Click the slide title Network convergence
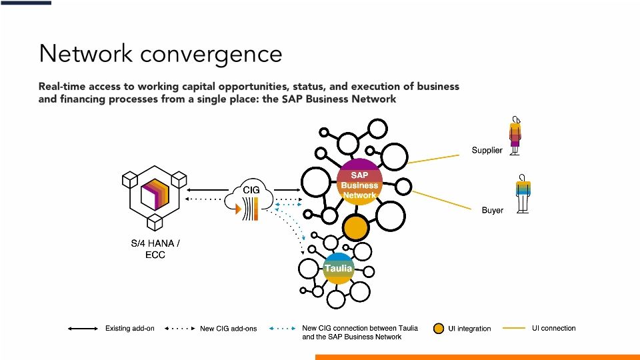(x=160, y=53)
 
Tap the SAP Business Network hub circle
(x=359, y=181)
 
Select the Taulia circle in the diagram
(x=338, y=268)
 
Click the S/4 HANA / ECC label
(x=155, y=249)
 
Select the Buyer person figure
(x=523, y=193)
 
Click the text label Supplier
(x=487, y=151)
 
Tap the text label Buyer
(x=492, y=211)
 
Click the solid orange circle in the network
(x=356, y=229)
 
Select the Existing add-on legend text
(x=130, y=329)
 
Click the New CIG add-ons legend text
(x=228, y=329)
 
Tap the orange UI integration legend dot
(x=438, y=329)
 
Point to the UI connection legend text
(x=553, y=328)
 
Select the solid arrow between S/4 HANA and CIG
(x=207, y=189)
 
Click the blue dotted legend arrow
(x=282, y=329)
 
